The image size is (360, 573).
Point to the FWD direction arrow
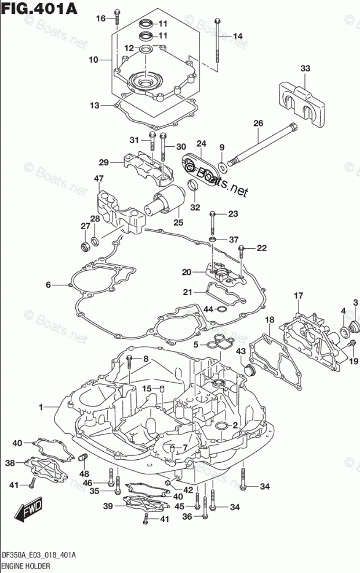coord(25,511)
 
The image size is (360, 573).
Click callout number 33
coord(305,69)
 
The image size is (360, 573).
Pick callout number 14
coord(237,37)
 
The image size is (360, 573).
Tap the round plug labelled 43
coord(251,369)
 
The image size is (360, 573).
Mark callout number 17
coord(298,296)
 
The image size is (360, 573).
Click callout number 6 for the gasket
coord(49,284)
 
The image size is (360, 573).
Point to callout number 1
coord(41,408)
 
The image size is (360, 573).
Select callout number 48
coord(85,473)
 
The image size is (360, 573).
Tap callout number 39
coord(107,506)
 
